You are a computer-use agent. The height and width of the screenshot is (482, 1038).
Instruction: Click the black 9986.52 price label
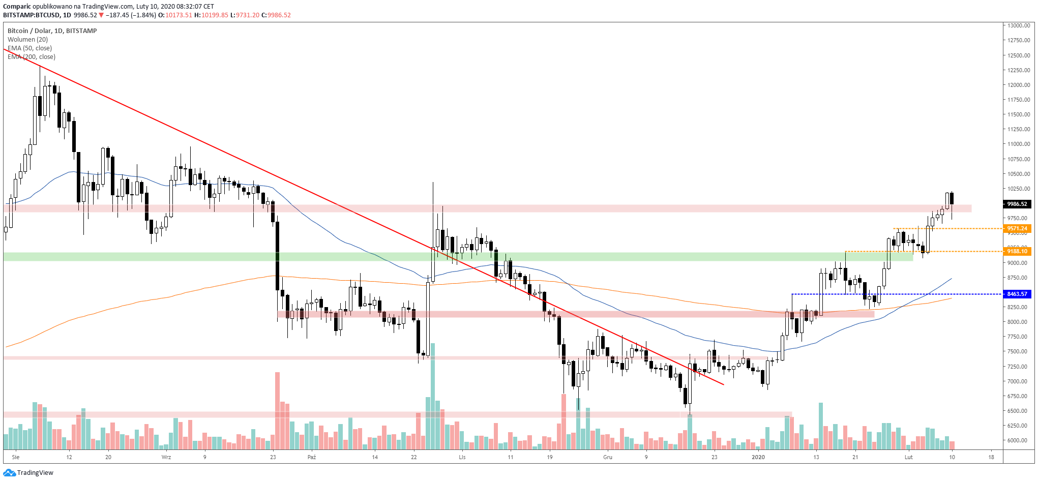click(1017, 204)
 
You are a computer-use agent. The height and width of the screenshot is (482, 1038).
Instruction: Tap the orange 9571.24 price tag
click(1017, 228)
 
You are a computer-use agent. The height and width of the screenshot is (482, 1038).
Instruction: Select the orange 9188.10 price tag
click(1017, 251)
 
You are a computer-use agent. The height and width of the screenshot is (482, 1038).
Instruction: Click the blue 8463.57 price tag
click(1017, 294)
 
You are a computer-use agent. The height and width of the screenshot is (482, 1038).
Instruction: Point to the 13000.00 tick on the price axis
click(1019, 25)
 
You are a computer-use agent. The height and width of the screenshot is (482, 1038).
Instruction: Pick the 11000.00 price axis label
click(1019, 144)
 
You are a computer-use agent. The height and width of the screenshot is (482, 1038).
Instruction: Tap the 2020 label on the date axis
click(758, 457)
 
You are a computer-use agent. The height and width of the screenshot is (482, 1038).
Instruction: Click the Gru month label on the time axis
click(608, 457)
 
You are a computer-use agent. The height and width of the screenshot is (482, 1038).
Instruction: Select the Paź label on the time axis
click(312, 457)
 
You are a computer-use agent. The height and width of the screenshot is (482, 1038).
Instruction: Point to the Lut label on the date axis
click(909, 457)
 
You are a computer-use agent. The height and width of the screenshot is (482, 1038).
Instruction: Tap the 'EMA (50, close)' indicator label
click(29, 48)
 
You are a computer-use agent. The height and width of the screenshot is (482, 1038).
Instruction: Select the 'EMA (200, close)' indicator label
click(32, 57)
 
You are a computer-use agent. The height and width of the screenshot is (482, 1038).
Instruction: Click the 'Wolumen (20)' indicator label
click(28, 40)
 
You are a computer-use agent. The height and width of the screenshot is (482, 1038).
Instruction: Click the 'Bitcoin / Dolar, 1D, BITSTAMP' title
click(52, 31)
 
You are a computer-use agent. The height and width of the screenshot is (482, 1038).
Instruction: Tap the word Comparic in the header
click(17, 7)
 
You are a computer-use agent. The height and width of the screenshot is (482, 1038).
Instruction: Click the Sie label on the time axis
click(16, 457)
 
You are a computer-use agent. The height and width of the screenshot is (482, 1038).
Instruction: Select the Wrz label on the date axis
click(166, 457)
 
